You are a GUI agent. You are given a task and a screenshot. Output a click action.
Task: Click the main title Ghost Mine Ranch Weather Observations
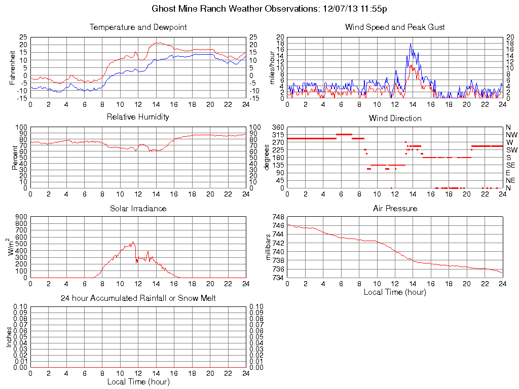click(x=270, y=9)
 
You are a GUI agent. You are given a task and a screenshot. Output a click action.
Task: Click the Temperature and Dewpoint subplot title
click(x=138, y=27)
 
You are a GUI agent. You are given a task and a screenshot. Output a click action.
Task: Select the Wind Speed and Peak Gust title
click(x=395, y=27)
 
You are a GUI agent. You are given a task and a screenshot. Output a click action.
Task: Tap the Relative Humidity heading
click(x=138, y=117)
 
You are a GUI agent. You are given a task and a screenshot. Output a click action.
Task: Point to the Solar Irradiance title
click(x=138, y=208)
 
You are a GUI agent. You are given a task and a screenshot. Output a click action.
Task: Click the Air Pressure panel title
click(x=395, y=208)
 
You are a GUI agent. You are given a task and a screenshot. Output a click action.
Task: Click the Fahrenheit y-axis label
click(x=12, y=68)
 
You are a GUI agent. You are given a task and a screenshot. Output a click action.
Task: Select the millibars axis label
click(x=269, y=247)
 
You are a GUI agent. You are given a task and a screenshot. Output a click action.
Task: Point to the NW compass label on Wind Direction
click(x=511, y=135)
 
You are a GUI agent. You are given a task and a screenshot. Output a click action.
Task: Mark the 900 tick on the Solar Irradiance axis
click(x=21, y=217)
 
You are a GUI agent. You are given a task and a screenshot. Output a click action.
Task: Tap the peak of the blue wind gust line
click(x=411, y=44)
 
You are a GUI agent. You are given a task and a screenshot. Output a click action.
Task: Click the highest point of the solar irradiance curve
click(x=133, y=242)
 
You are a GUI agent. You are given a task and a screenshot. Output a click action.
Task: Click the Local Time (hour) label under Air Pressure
click(x=395, y=292)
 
